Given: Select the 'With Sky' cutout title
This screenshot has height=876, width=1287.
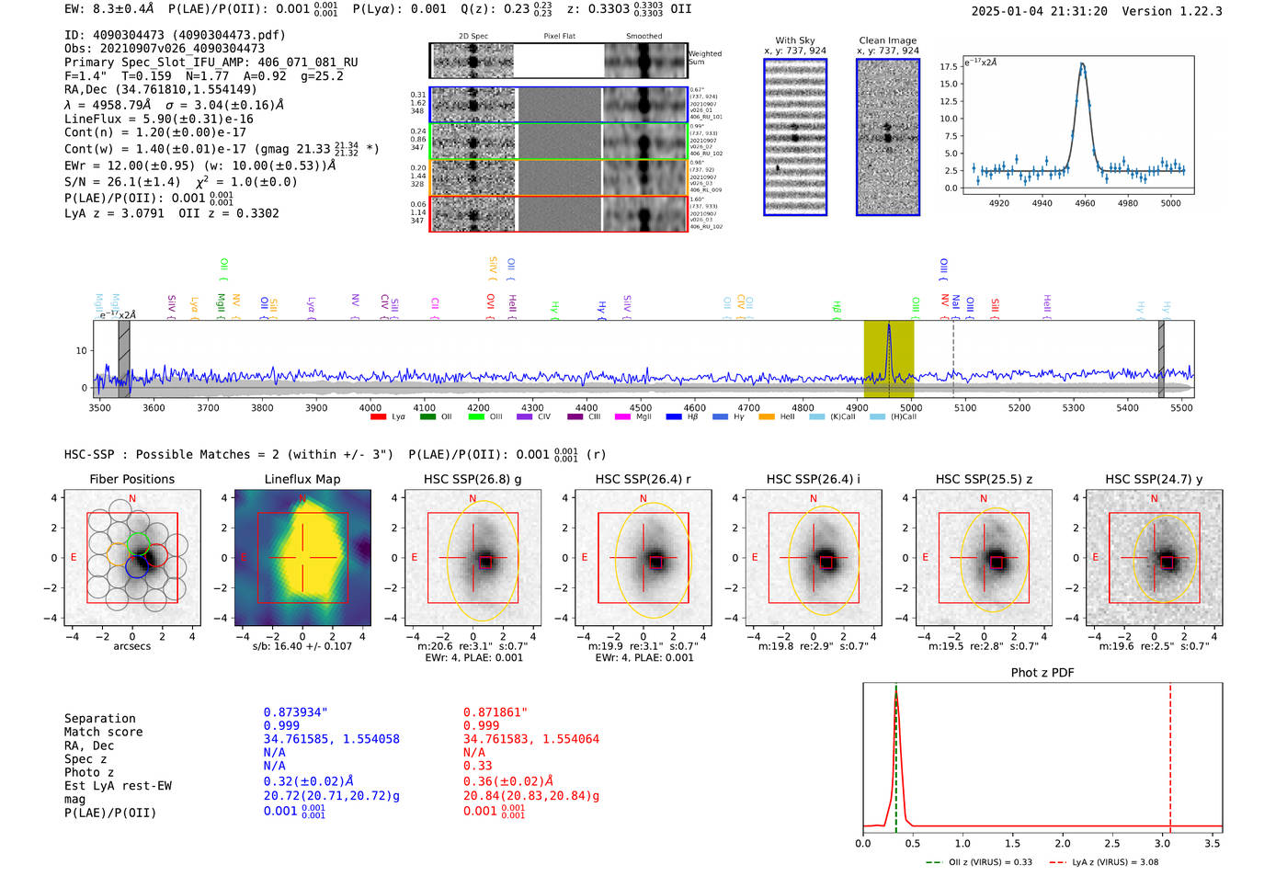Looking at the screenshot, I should [794, 40].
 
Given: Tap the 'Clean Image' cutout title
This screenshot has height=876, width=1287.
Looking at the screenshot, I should [887, 40].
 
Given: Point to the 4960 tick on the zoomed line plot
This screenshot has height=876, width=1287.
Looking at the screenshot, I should [1085, 203].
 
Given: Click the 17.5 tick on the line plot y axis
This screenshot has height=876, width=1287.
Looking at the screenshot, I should [949, 67].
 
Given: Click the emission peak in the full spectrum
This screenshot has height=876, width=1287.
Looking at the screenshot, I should [889, 327].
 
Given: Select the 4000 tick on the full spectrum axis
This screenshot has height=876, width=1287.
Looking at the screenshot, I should [370, 407].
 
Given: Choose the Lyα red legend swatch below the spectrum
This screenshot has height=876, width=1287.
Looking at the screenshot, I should [378, 417].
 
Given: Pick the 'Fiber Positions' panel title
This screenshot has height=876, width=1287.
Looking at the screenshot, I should [131, 479].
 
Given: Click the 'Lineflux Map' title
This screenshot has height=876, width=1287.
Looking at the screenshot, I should [302, 479].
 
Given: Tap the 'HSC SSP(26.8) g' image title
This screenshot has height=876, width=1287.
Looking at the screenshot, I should [473, 479].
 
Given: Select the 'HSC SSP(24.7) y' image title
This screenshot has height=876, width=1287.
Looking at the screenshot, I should [1154, 479].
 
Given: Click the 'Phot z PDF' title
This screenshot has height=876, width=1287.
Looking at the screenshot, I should [1042, 673].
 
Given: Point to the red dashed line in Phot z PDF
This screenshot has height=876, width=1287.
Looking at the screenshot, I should [1170, 754].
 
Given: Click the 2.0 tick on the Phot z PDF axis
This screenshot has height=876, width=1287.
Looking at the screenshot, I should [1063, 843].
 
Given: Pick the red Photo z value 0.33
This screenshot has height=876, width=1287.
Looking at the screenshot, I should [477, 766].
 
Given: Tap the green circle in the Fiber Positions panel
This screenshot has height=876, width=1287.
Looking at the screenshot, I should [138, 541].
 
